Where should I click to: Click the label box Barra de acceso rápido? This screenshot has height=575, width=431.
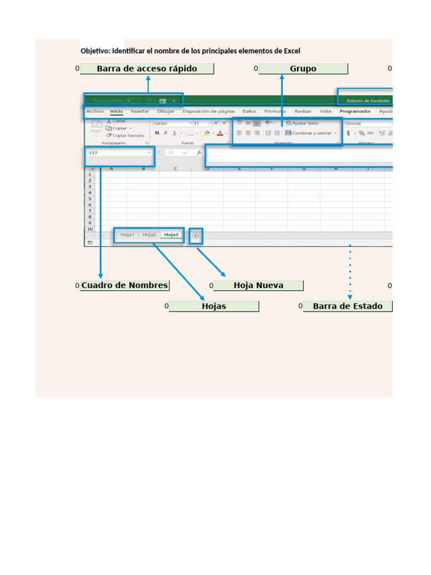pyautogui.click(x=146, y=69)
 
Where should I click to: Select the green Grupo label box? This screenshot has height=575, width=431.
pyautogui.click(x=303, y=69)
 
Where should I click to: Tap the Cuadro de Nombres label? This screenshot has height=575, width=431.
pyautogui.click(x=124, y=285)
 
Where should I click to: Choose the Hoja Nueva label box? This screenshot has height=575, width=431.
pyautogui.click(x=258, y=285)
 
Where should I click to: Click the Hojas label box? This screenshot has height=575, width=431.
pyautogui.click(x=214, y=306)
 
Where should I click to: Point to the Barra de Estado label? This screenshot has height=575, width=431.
pyautogui.click(x=347, y=306)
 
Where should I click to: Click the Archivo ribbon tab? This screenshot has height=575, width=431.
pyautogui.click(x=95, y=111)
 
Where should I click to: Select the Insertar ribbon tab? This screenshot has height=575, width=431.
pyautogui.click(x=140, y=111)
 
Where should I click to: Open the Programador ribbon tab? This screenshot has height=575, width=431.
pyautogui.click(x=355, y=111)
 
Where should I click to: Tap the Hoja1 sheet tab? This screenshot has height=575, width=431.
pyautogui.click(x=127, y=235)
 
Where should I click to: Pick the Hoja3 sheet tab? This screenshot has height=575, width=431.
pyautogui.click(x=171, y=235)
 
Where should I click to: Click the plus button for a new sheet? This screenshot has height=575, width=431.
pyautogui.click(x=196, y=236)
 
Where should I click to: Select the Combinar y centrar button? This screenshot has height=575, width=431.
pyautogui.click(x=311, y=133)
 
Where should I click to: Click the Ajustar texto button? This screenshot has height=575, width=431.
pyautogui.click(x=305, y=123)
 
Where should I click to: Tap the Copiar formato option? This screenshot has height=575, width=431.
pyautogui.click(x=128, y=135)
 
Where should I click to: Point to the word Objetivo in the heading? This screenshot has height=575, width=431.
pyautogui.click(x=94, y=51)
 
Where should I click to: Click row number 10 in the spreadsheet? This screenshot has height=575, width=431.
pyautogui.click(x=90, y=229)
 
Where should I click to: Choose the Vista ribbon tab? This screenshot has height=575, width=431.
pyautogui.click(x=325, y=111)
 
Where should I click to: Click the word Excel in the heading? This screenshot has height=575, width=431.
pyautogui.click(x=292, y=51)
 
